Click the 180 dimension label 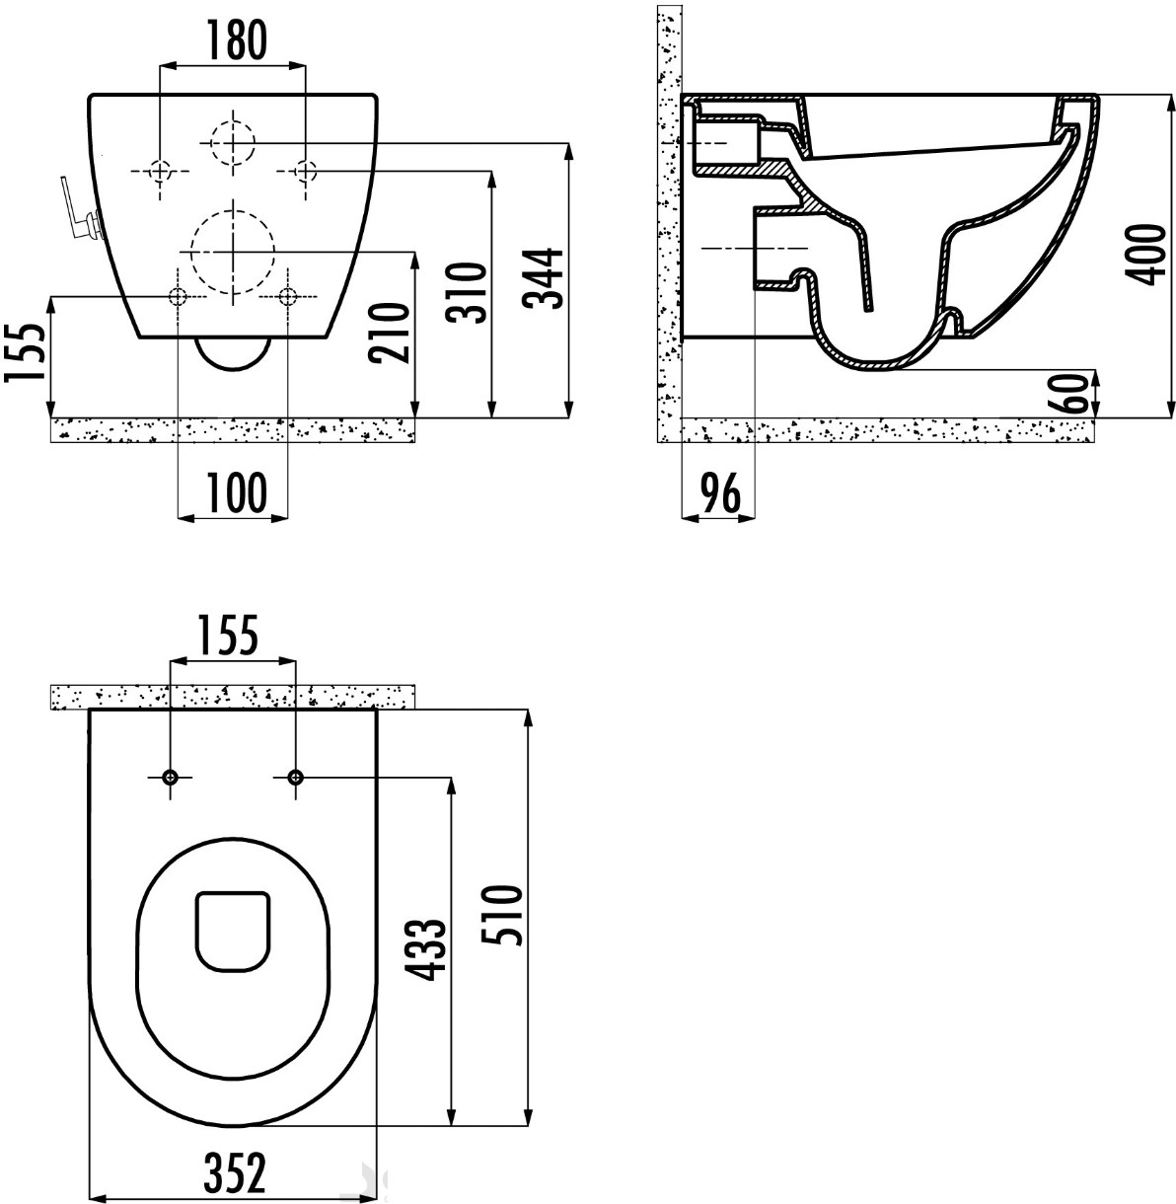coord(236,40)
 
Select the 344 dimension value coord(544,278)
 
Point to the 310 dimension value coord(467,292)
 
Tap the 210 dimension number coord(389,333)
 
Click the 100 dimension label coord(237,492)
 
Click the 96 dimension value coord(720,492)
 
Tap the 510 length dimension coord(503,915)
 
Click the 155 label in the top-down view coord(228,637)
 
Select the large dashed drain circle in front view coord(233,253)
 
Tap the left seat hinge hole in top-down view coord(170,777)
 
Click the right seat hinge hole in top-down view coord(296,776)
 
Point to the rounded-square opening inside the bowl coord(233,932)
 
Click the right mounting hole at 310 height coord(305,170)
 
